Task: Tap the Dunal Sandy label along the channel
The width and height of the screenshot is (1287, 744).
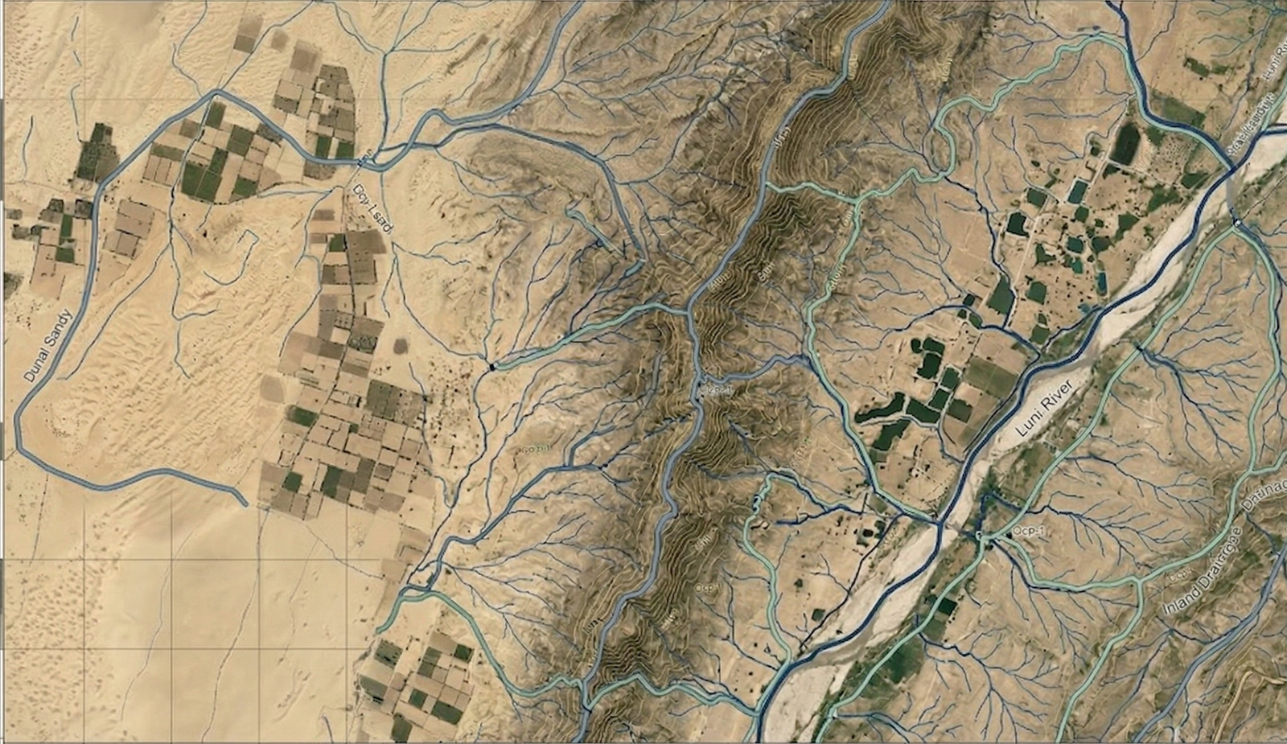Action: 47,346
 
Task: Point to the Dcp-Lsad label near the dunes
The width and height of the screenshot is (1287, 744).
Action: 372,208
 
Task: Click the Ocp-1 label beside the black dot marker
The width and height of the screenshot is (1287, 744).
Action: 1028,532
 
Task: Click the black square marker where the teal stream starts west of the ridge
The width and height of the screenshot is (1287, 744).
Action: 491,367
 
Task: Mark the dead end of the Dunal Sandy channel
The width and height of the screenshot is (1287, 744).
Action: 245,504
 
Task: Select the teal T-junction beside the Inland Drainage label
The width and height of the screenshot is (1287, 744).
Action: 1141,581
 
